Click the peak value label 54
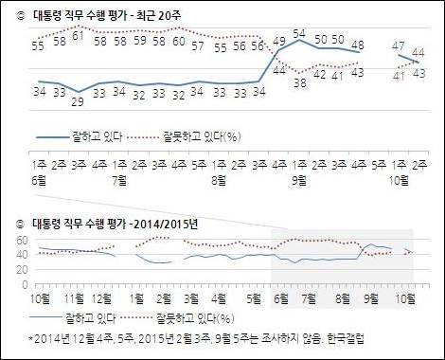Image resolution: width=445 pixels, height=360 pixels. pyautogui.click(x=301, y=33)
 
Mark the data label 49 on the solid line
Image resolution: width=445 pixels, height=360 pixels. pyautogui.click(x=278, y=41)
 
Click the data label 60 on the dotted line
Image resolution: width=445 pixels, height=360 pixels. pyautogui.click(x=177, y=42)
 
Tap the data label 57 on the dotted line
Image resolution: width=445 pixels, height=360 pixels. pyautogui.click(x=198, y=45)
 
